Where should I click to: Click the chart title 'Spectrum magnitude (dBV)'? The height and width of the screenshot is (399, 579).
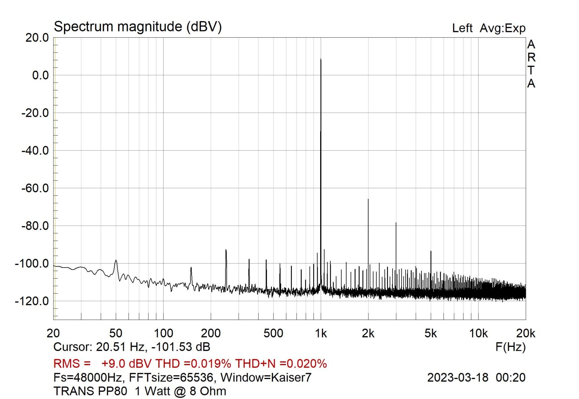138,27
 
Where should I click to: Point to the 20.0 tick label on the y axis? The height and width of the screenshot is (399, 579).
37,38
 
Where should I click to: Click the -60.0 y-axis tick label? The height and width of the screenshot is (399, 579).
35,188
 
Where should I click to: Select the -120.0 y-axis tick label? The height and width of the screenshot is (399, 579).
32,301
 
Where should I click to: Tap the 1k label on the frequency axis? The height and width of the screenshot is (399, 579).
321,334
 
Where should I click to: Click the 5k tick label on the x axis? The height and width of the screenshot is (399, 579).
431,334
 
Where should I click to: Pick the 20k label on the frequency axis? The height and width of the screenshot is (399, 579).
525,334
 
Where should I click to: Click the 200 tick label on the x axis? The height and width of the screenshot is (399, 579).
211,334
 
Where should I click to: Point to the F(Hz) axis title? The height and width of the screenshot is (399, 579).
510,347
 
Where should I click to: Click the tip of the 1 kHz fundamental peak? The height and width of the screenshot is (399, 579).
321,59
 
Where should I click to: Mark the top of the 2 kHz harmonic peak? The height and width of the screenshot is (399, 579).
368,199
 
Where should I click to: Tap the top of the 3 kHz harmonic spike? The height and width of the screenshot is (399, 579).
396,223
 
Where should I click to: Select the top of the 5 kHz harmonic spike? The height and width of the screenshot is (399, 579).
431,251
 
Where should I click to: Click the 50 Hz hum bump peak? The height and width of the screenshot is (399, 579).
116,260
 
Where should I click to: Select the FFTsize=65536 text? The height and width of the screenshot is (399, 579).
172,378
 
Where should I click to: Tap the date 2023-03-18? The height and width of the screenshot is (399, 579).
457,378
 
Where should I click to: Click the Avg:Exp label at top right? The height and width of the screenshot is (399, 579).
502,28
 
